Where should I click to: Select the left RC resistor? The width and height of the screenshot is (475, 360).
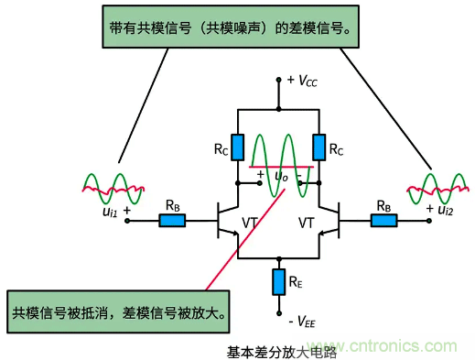click(238, 146)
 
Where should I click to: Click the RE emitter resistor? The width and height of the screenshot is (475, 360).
click(276, 282)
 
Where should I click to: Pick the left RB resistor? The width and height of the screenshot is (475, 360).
click(171, 220)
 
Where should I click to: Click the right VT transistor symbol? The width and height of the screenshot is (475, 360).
click(329, 221)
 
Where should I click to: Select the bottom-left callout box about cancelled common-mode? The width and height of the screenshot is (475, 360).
click(119, 301)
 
